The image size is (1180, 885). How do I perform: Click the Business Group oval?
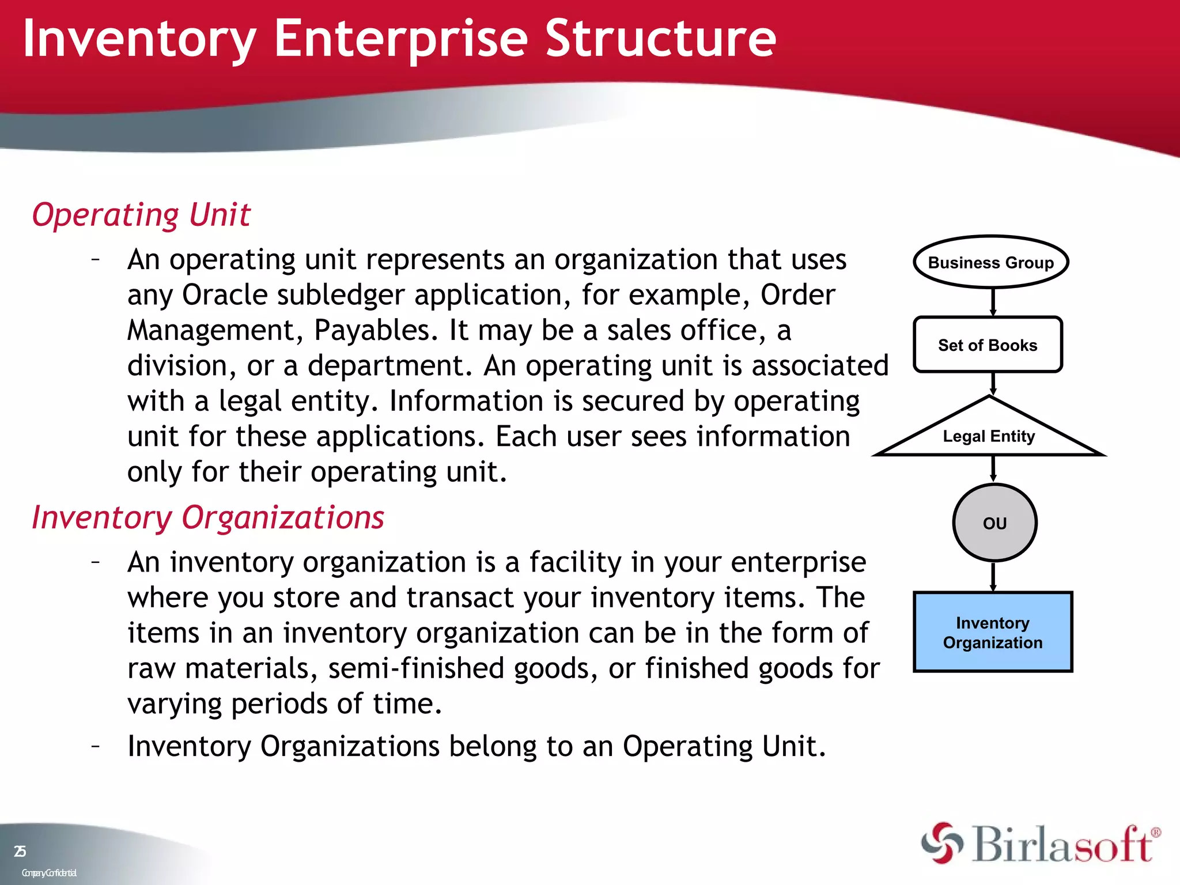991,262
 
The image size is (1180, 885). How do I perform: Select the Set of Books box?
988,345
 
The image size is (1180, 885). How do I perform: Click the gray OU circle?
994,523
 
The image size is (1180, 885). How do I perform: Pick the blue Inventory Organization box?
993,632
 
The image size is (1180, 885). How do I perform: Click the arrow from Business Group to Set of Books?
993,301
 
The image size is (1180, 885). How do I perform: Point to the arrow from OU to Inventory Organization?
993,576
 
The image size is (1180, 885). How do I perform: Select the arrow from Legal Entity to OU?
993,468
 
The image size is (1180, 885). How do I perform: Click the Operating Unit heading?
141,215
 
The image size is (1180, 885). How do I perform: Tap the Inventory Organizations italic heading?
207,517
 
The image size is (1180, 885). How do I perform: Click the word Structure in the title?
660,39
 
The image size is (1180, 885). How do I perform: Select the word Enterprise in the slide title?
401,39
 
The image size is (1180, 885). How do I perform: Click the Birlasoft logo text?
1063,845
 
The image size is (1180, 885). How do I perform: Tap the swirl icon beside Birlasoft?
941,844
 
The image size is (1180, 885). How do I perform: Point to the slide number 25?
20,851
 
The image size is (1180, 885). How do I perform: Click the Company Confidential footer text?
49,873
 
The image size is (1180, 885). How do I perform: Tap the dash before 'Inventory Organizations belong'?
96,746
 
